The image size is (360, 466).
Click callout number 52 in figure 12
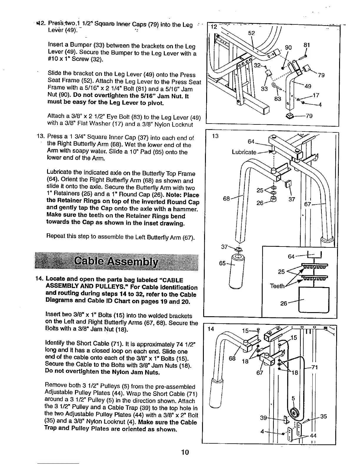[x=251, y=33]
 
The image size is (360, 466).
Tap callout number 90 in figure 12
[x=289, y=48]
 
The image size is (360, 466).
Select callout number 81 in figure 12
[x=307, y=46]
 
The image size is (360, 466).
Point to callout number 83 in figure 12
[x=277, y=99]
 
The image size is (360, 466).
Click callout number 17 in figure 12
[x=316, y=95]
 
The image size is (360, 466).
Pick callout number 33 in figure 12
[x=264, y=88]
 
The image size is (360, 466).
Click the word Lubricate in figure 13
[x=244, y=152]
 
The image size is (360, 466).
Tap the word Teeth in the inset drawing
[x=277, y=286]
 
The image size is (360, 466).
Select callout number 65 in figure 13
[x=222, y=263]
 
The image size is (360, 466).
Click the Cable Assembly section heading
[x=116, y=261]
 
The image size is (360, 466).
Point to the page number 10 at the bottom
[x=185, y=452]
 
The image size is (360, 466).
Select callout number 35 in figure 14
[x=324, y=416]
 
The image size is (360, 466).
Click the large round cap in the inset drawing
[x=314, y=300]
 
